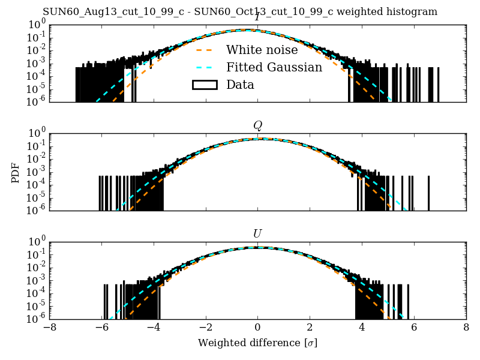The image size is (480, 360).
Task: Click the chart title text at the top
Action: click(240, 12)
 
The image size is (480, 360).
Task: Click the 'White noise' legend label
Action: click(262, 50)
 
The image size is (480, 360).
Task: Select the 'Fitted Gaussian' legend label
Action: click(274, 67)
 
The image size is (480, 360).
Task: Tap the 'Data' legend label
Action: click(240, 85)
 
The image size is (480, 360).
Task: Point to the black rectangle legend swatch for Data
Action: click(204, 85)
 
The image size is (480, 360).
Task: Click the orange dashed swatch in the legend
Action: click(204, 50)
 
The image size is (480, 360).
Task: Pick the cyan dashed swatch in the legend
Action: click(204, 67)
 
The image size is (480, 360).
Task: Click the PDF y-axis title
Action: click(16, 172)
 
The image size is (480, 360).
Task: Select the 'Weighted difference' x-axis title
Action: click(257, 343)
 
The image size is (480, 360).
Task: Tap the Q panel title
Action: click(257, 125)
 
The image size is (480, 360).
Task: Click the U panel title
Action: click(257, 233)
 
